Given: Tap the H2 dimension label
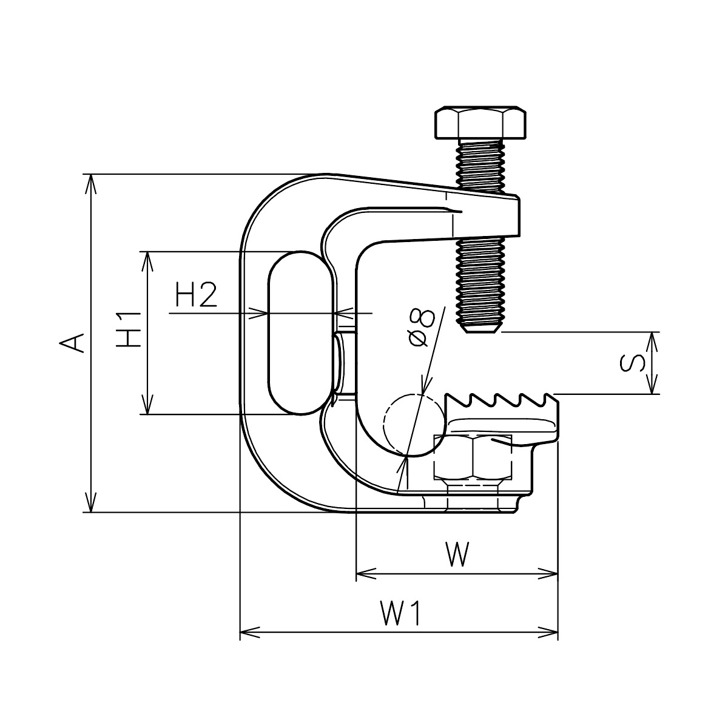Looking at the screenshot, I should (195, 295).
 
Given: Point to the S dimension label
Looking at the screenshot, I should (633, 363).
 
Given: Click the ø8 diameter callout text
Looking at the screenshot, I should (421, 327).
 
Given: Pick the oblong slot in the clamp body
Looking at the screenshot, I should (301, 333).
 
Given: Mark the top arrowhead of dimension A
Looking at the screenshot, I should (90, 179).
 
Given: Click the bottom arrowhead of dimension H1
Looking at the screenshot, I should (146, 409).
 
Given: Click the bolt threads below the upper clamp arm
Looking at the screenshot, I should (480, 279).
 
